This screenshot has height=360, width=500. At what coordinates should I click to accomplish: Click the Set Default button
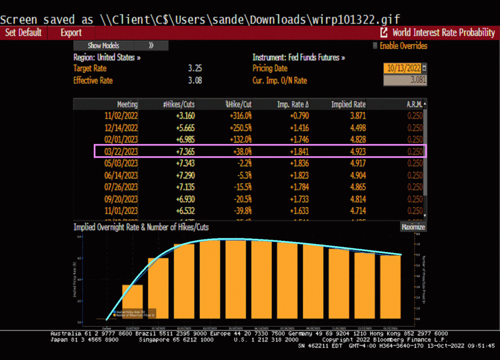click(23, 33)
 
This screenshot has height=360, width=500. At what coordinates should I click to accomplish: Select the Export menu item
click(71, 33)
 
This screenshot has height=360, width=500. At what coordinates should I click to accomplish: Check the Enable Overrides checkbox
click(375, 46)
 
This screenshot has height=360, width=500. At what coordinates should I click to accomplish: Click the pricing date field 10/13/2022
click(403, 68)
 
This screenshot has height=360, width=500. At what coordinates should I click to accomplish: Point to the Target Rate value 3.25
click(195, 68)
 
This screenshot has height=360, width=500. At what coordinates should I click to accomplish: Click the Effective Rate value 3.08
click(195, 80)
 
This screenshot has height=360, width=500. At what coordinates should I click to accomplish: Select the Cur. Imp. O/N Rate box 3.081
click(405, 80)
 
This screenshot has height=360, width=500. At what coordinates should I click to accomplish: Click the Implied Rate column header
click(348, 105)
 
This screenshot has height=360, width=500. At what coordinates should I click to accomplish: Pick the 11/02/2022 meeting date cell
click(121, 116)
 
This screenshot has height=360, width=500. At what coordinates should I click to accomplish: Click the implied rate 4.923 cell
click(354, 151)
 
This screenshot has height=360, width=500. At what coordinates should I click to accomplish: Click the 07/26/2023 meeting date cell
click(121, 187)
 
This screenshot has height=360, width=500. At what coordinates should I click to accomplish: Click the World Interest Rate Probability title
click(443, 33)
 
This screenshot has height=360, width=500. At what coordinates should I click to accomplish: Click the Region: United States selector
click(107, 57)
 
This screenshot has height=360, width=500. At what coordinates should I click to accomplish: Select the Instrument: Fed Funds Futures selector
click(298, 57)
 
